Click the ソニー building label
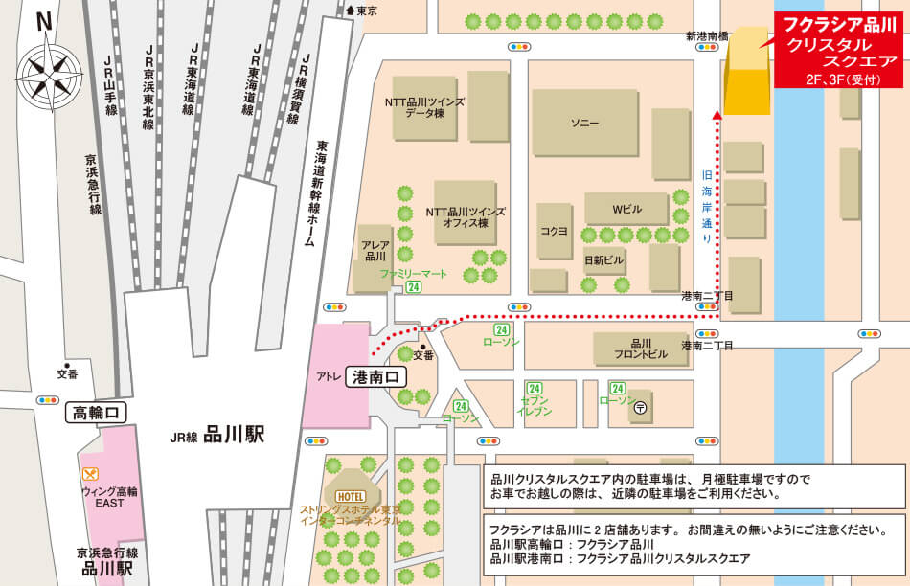tap(584, 124)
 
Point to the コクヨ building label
tap(555, 231)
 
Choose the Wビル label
tap(626, 209)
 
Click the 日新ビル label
tap(603, 259)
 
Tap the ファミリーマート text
tap(414, 274)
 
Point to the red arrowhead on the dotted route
tap(717, 116)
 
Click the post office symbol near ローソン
tap(641, 406)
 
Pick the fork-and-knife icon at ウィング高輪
tap(91, 473)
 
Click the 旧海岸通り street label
tap(707, 204)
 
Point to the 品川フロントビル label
tap(641, 349)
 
